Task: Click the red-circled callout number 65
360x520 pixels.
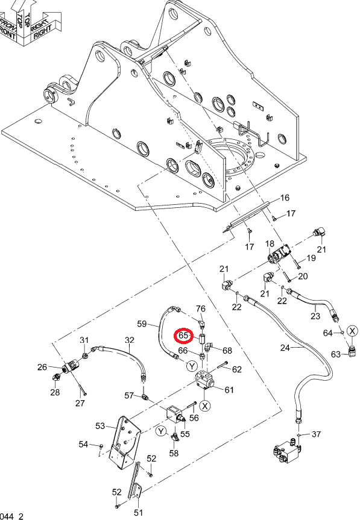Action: (183, 335)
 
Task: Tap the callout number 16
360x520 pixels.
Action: (285, 198)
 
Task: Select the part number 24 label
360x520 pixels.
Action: (285, 348)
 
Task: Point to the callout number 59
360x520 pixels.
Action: (142, 324)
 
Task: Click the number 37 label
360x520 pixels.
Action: (316, 434)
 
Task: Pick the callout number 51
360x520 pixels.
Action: (138, 512)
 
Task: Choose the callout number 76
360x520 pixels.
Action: (201, 309)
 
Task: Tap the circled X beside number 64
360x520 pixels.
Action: (352, 331)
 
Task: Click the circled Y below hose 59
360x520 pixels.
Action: (192, 366)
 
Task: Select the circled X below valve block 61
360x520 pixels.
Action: (206, 406)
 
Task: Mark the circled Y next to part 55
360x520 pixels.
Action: (161, 431)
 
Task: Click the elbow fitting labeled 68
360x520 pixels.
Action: (209, 346)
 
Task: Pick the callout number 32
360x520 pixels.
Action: (130, 340)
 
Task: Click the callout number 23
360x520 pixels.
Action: (315, 316)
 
